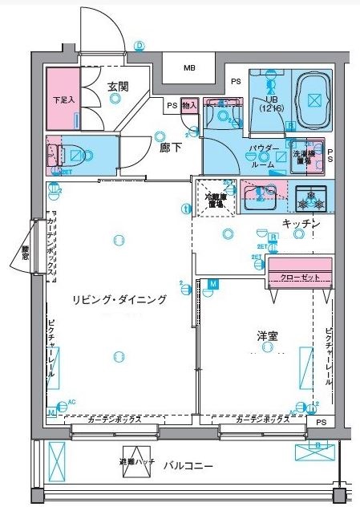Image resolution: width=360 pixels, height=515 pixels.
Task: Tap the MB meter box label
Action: coord(188,68)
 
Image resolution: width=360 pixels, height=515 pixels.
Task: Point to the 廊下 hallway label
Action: coord(168,148)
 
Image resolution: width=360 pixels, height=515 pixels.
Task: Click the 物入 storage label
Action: coord(189,105)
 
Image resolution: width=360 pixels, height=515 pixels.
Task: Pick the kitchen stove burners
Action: coord(309,196)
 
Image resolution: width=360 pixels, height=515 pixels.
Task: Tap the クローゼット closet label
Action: coord(299,278)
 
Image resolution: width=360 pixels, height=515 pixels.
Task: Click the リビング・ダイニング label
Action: coord(119,299)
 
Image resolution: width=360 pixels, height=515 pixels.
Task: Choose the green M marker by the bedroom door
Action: coord(213,284)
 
